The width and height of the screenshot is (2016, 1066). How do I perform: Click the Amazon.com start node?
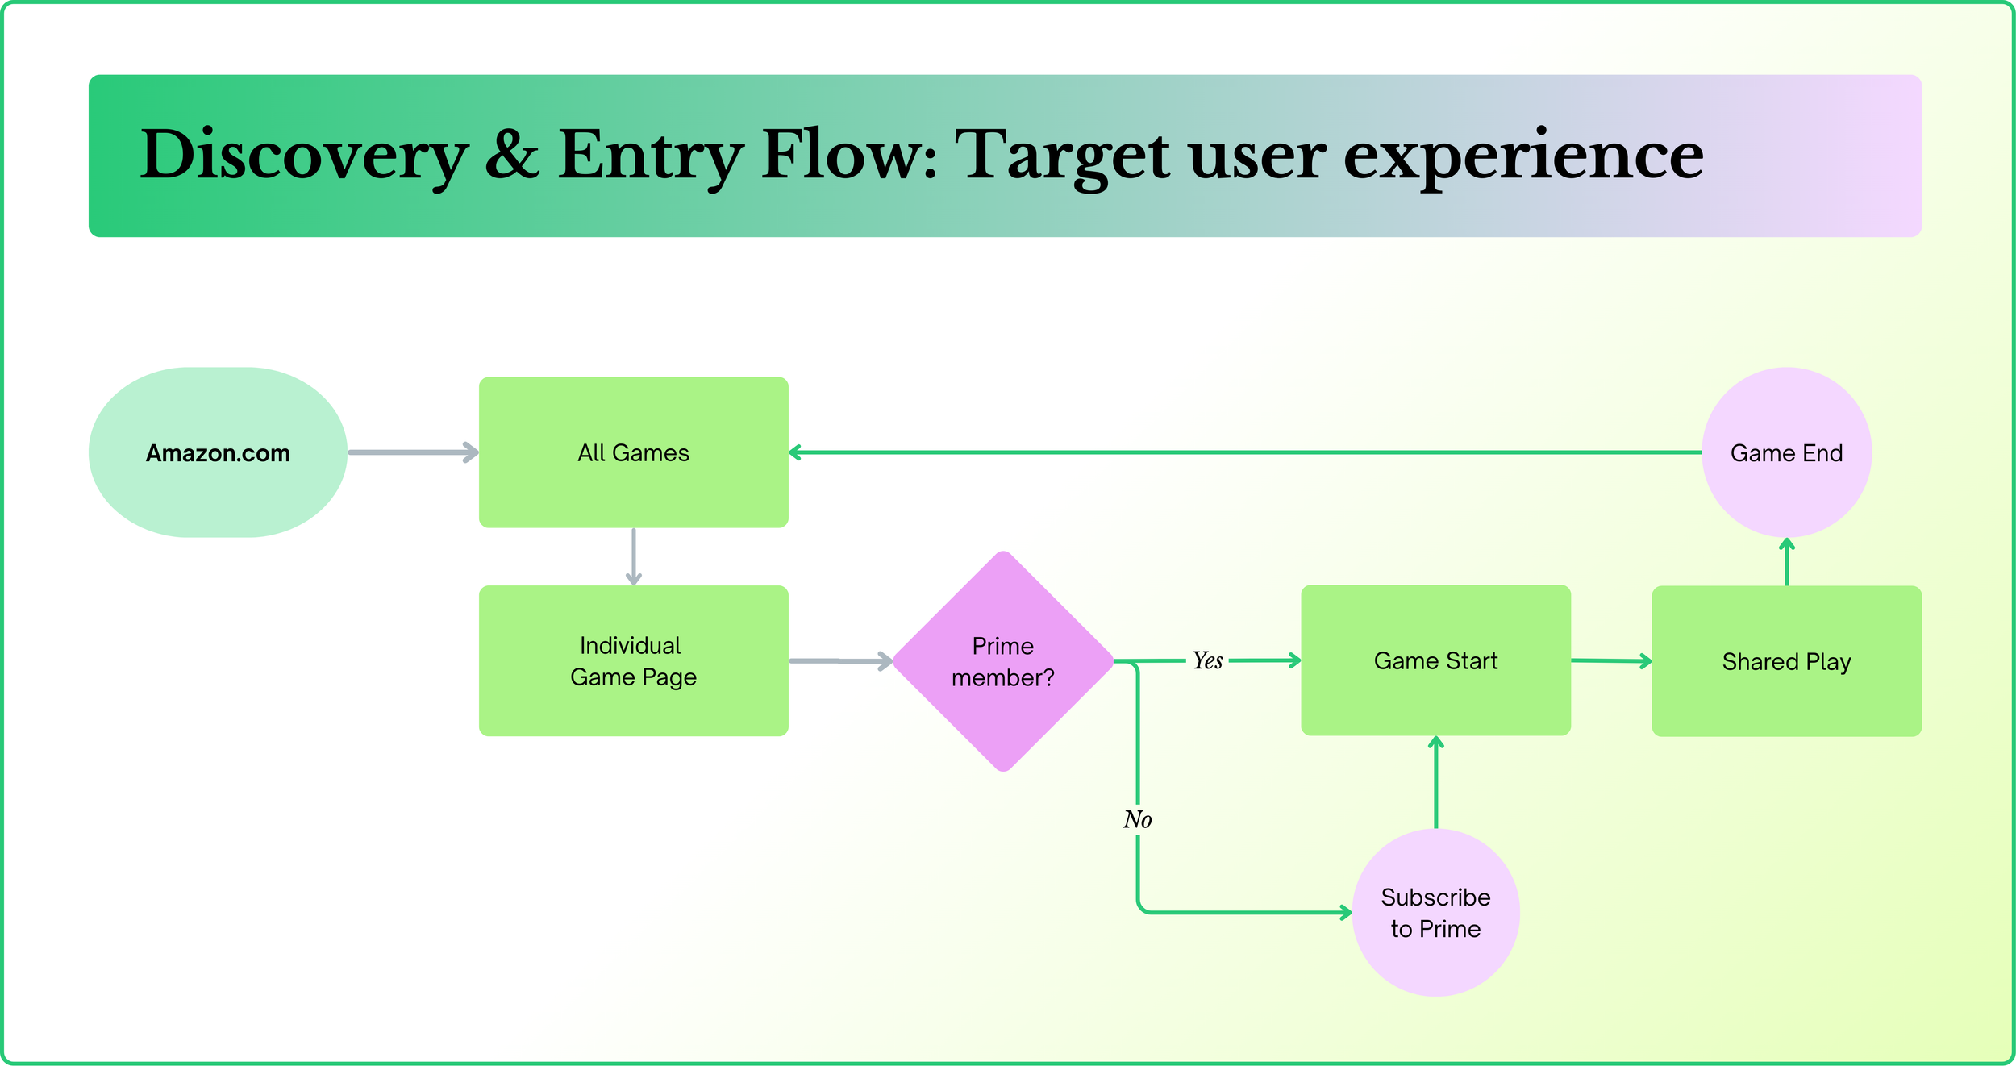tap(218, 452)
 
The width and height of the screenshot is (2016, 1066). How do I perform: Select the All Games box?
tap(634, 452)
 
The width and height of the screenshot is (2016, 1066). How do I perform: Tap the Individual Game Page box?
tap(634, 660)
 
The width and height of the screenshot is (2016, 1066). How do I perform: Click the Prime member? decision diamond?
tap(1003, 661)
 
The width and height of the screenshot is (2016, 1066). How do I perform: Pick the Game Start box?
tap(1436, 660)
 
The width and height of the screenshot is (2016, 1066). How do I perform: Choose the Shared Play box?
tap(1787, 661)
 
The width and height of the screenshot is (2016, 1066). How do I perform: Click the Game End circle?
tap(1787, 452)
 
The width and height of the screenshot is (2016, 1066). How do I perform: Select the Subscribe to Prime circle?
tap(1436, 913)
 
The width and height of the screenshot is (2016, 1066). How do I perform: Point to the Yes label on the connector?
tap(1208, 660)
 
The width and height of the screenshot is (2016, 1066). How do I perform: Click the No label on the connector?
tap(1138, 819)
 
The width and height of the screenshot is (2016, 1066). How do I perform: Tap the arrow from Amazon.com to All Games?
tap(414, 452)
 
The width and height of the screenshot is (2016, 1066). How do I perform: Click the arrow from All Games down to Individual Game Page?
tap(634, 556)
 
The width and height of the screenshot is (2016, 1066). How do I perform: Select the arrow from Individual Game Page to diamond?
tap(841, 661)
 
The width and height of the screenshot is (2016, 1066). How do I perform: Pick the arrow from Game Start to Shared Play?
tap(1612, 661)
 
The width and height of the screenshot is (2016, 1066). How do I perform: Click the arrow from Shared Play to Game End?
tap(1787, 561)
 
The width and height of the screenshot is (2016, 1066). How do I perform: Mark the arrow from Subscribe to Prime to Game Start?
tap(1436, 782)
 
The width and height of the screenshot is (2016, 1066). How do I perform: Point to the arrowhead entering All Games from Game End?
tap(795, 452)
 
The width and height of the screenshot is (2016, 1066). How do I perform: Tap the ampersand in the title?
tap(512, 153)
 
